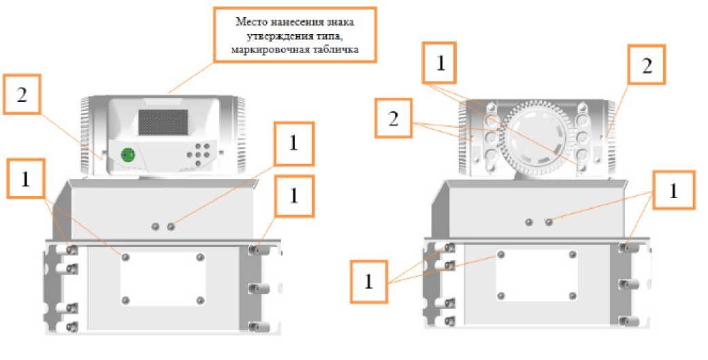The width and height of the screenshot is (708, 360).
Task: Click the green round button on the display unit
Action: [127, 154]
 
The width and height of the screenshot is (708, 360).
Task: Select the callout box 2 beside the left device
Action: [22, 97]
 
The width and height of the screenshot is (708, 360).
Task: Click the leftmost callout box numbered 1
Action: [25, 178]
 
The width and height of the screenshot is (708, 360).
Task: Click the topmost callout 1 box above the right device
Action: [440, 63]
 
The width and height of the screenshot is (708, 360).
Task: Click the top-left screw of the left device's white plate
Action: [125, 257]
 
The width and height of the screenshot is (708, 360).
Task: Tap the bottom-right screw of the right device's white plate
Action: [573, 295]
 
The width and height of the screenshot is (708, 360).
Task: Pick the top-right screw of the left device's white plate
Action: [200, 257]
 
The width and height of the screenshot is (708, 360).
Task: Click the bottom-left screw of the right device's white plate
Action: [501, 295]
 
